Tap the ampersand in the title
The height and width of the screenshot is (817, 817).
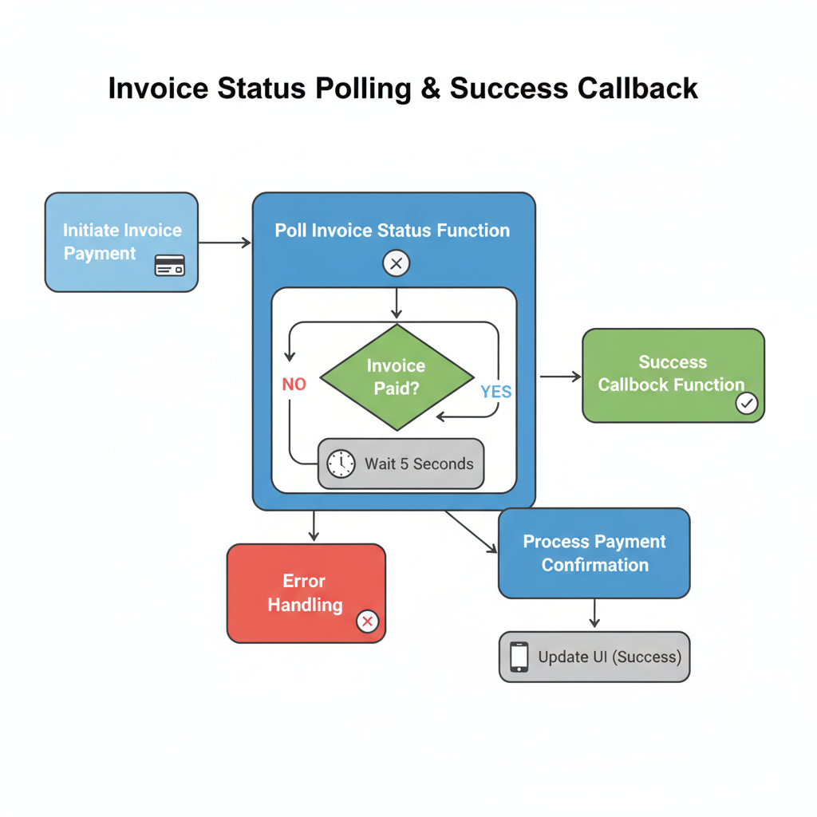[429, 88]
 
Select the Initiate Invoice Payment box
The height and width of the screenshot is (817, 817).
[121, 242]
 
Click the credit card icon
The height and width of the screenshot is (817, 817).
[169, 266]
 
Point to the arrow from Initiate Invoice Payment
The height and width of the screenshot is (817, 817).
[225, 243]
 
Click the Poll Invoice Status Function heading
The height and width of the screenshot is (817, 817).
[393, 231]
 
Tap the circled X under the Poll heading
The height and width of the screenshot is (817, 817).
[397, 262]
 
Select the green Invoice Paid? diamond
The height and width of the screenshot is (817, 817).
[397, 377]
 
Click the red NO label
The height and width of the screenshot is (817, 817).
[294, 385]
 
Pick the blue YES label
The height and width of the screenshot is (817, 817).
[495, 392]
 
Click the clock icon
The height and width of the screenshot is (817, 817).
[341, 464]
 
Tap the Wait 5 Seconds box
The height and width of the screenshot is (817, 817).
[401, 464]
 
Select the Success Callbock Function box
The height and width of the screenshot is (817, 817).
[673, 374]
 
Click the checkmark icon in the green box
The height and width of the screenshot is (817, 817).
[747, 404]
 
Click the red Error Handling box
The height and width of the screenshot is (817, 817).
[306, 593]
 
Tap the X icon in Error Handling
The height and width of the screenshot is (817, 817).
[367, 621]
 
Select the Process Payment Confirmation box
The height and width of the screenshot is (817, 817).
[594, 553]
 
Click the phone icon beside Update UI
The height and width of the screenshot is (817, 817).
[519, 657]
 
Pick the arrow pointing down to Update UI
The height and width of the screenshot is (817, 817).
[594, 614]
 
